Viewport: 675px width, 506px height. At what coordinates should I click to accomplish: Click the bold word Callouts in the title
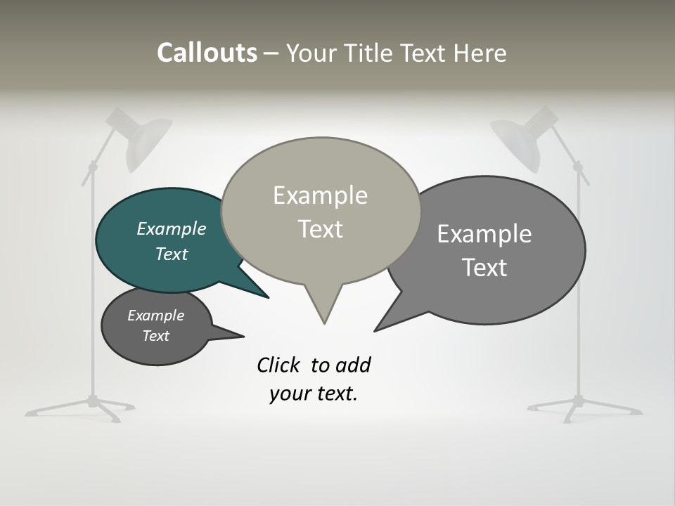pyautogui.click(x=207, y=53)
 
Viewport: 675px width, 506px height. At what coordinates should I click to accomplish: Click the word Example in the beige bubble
pyautogui.click(x=320, y=195)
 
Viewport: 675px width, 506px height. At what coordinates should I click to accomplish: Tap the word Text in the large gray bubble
pyautogui.click(x=484, y=268)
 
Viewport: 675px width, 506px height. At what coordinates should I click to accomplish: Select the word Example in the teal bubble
pyautogui.click(x=171, y=229)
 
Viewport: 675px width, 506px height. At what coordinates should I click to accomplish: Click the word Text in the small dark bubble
pyautogui.click(x=155, y=336)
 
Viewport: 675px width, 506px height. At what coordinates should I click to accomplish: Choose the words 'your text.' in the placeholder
pyautogui.click(x=313, y=394)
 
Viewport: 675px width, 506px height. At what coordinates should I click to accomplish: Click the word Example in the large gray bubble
pyautogui.click(x=484, y=234)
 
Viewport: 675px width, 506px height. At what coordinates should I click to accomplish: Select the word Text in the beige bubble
pyautogui.click(x=320, y=229)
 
